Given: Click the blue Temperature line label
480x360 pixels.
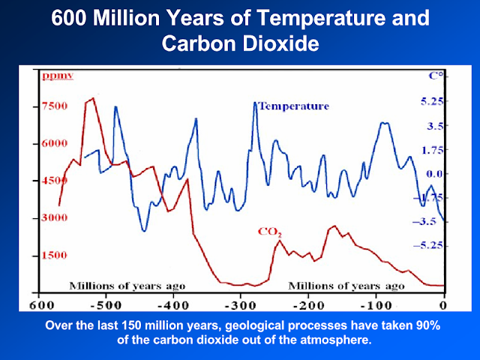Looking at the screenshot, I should point(293,106).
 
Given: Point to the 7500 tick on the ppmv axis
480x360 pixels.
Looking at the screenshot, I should point(54,106).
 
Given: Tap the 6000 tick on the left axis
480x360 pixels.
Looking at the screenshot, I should point(54,143).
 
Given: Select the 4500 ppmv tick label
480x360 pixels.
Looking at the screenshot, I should point(54,181).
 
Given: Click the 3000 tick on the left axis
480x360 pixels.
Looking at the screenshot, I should point(54,217).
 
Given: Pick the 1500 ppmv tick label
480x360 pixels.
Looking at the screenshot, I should point(54,255).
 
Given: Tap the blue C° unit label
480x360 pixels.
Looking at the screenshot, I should point(435,76).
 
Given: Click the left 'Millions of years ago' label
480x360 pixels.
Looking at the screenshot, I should point(127,286).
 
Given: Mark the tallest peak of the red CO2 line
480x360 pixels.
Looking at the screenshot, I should point(92,98).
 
